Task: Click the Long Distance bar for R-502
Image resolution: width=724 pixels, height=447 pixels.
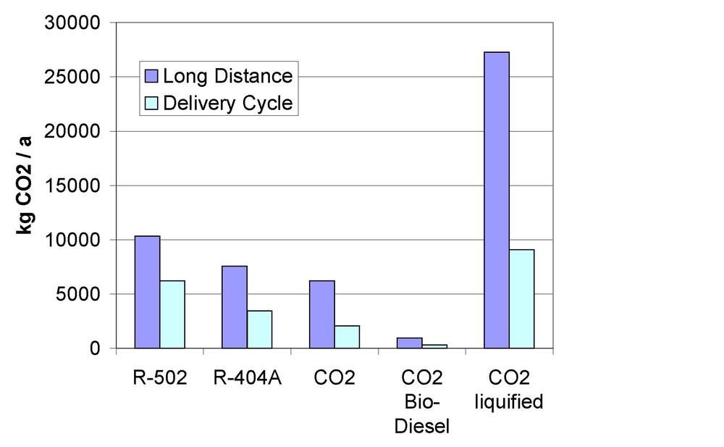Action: click(x=147, y=292)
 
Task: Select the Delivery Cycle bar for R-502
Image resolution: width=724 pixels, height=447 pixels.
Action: click(x=172, y=314)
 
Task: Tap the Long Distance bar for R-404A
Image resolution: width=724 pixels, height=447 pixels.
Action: click(x=235, y=307)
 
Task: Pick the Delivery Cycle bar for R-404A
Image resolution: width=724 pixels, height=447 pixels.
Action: click(x=260, y=330)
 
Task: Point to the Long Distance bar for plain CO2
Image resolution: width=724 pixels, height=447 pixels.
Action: click(x=322, y=314)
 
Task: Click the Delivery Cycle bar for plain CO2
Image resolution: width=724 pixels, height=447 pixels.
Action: click(x=348, y=337)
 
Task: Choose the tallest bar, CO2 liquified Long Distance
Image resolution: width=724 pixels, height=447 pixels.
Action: click(x=497, y=200)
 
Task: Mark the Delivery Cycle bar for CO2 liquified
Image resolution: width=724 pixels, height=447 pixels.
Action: click(x=522, y=298)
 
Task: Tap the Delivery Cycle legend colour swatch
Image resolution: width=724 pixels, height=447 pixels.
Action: click(x=151, y=103)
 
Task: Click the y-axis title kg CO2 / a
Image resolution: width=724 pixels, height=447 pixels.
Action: click(x=24, y=185)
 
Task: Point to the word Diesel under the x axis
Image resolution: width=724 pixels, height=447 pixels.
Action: click(x=422, y=425)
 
